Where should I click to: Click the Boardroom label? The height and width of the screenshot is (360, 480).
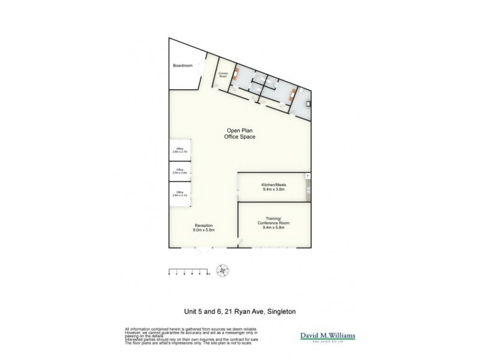tap(182, 65)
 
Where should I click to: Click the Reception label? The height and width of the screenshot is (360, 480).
tap(204, 226)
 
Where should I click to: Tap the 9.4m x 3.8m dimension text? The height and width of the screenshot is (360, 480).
tap(273, 189)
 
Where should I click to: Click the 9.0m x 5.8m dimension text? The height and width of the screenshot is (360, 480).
tap(204, 230)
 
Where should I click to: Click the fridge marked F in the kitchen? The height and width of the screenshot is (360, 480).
tap(308, 176)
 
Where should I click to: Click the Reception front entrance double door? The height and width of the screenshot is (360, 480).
tap(204, 251)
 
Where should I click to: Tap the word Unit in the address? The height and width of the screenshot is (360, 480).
tap(191, 311)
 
